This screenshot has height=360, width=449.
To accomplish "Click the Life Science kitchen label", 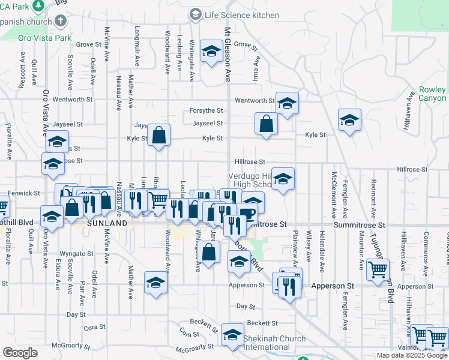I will (x=242, y=15).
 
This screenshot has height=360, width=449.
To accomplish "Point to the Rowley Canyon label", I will (x=432, y=94).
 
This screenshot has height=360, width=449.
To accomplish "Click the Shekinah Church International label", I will (x=274, y=343).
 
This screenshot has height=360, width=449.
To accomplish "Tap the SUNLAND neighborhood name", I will (x=107, y=223).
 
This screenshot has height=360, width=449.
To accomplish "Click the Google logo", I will (x=20, y=353).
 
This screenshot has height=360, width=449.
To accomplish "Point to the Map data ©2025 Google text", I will (x=412, y=355).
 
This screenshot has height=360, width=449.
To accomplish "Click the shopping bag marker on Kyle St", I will (x=158, y=136).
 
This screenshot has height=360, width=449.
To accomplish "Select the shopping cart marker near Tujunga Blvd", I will (x=378, y=271).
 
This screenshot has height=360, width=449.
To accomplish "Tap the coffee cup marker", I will (x=247, y=214).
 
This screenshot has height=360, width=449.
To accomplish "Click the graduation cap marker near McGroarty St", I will (x=232, y=336).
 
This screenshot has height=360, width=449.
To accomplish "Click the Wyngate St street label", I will (x=76, y=254).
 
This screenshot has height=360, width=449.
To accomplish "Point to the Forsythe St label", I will (x=206, y=110).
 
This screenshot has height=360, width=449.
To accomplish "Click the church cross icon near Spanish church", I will (x=59, y=21).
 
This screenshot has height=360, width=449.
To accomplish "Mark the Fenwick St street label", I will (x=24, y=194).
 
